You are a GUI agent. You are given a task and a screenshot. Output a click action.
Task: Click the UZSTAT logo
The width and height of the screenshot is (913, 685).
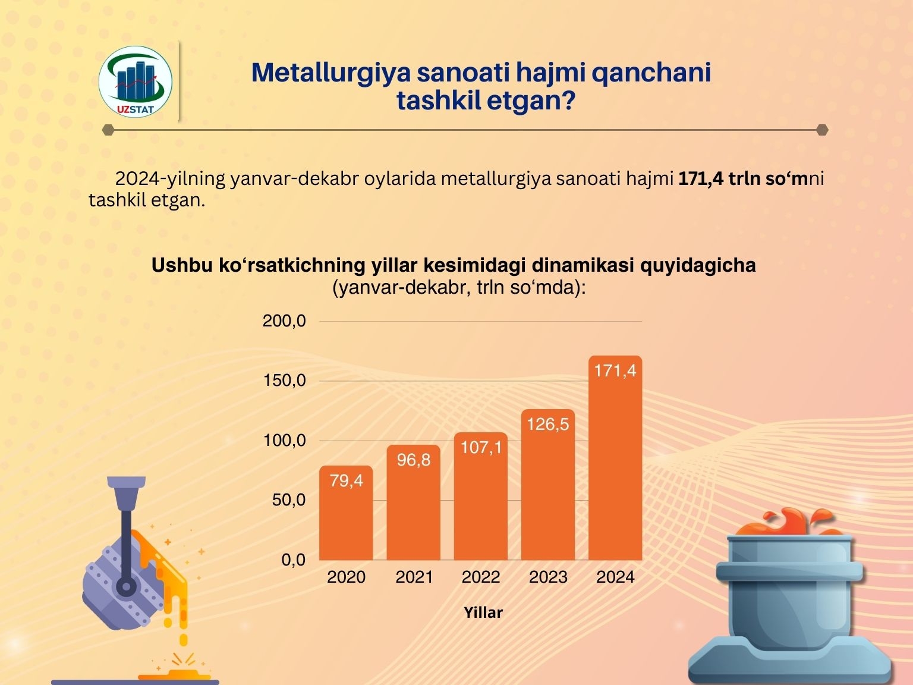[x=135, y=81]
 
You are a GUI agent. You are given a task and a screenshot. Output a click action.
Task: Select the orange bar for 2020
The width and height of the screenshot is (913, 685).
[x=346, y=513]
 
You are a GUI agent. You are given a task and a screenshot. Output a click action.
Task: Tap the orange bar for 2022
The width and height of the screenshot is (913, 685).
[x=481, y=496]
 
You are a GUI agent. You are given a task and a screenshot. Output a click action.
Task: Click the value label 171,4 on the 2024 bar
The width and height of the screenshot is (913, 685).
[x=615, y=370]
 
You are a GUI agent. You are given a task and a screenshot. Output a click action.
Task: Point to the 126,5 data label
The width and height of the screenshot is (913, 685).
[x=548, y=424]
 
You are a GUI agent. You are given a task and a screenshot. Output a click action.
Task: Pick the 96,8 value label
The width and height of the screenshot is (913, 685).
[x=414, y=460]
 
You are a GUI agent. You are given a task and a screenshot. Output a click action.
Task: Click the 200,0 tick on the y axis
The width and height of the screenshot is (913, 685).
[x=284, y=320]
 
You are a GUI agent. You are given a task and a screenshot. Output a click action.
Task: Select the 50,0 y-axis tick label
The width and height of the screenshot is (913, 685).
[x=289, y=499]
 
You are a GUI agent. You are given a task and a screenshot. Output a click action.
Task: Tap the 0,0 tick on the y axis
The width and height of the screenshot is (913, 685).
[x=294, y=560]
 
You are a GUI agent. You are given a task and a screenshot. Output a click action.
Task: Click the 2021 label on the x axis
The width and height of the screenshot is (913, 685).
[x=414, y=577]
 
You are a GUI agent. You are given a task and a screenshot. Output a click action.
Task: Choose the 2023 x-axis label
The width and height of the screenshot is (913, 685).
[x=548, y=577]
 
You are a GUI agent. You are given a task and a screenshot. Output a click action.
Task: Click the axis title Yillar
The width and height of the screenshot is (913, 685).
[x=483, y=612]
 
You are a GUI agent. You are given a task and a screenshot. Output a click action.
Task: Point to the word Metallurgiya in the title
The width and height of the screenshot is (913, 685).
[x=331, y=73]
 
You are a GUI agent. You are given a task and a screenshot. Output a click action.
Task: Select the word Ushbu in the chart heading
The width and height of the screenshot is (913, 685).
[x=182, y=265]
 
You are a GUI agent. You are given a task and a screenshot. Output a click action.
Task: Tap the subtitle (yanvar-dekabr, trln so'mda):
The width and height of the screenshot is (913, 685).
[x=459, y=287]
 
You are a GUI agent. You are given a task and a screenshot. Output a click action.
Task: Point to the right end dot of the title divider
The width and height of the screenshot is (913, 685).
[x=822, y=130]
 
